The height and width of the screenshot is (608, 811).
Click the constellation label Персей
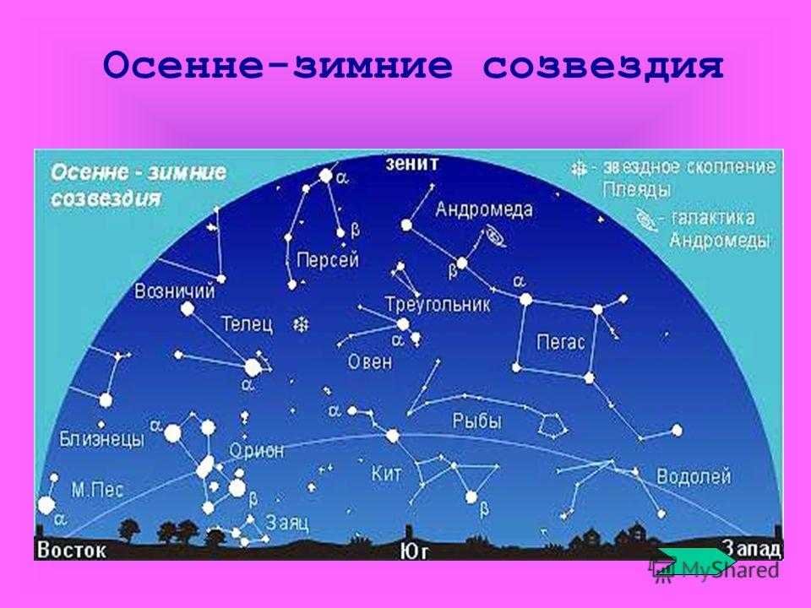coord(328,259)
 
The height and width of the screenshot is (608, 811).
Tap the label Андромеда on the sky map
coord(484,209)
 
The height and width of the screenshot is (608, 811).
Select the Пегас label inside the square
coord(561,342)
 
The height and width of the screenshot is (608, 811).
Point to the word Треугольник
coord(438,304)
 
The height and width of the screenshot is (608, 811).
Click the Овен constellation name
coord(370,361)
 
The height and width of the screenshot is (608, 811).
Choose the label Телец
coord(247,324)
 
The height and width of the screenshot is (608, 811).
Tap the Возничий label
coord(174,291)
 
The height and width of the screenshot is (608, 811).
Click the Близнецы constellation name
coord(102,439)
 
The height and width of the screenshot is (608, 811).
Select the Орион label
coord(257,451)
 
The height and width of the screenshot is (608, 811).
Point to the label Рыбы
coord(476,421)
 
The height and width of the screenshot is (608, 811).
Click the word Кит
coord(386,474)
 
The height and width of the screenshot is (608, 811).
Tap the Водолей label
coord(694,476)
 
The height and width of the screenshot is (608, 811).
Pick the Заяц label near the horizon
coord(287,523)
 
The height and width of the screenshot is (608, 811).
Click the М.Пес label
coord(97,489)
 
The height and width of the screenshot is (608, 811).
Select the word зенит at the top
coord(412,164)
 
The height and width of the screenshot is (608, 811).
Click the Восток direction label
coord(71,550)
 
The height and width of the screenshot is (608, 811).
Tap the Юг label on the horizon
coord(414,551)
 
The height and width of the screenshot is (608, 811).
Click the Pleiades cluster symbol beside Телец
coord(301,324)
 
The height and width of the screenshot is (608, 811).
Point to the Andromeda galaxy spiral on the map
coord(496,236)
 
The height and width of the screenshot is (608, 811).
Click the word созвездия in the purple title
coord(603,66)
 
